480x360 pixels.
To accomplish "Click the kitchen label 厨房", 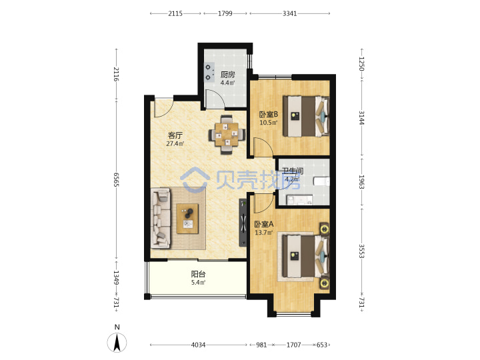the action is click(x=228, y=75).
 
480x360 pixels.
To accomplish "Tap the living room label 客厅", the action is click(x=175, y=135).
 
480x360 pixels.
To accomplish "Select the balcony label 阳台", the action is click(x=198, y=274).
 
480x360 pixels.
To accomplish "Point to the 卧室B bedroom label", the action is click(x=269, y=115).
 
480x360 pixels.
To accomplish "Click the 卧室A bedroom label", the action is click(x=264, y=225).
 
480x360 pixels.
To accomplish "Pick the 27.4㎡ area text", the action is click(x=175, y=143).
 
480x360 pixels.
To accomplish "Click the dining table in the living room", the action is click(x=227, y=135).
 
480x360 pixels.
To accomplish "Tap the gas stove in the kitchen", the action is click(x=209, y=72).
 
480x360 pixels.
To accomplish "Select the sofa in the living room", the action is click(x=161, y=218).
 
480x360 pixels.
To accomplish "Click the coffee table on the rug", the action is click(x=187, y=219).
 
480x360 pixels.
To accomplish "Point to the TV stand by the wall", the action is click(x=243, y=222).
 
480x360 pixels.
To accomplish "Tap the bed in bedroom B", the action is click(x=306, y=116).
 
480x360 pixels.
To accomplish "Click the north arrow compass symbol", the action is click(x=117, y=343).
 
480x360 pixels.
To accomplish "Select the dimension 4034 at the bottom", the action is click(x=198, y=345).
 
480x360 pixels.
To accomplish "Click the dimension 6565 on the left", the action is click(x=116, y=179).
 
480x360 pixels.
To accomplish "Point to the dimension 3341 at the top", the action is click(x=289, y=13).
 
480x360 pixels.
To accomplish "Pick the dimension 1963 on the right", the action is click(x=361, y=182).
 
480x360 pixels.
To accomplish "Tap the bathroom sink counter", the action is click(x=299, y=200).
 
